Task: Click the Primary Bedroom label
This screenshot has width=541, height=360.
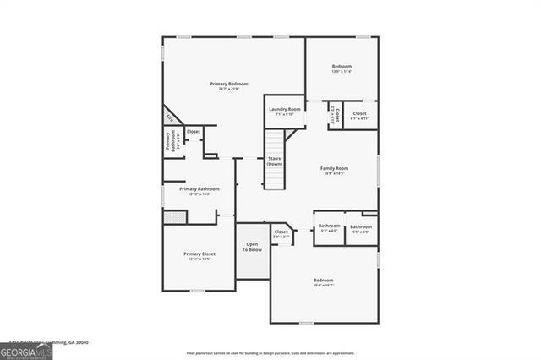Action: pyautogui.click(x=229, y=85)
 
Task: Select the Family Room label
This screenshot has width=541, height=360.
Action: pyautogui.click(x=335, y=171)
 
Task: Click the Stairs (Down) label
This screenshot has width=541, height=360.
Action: pyautogui.click(x=275, y=161)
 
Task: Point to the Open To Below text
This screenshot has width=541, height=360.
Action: pyautogui.click(x=253, y=248)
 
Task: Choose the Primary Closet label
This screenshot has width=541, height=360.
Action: pyautogui.click(x=199, y=255)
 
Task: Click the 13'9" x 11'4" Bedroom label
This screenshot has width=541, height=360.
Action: pyautogui.click(x=342, y=68)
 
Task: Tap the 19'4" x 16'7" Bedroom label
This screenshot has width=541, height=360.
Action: pyautogui.click(x=324, y=282)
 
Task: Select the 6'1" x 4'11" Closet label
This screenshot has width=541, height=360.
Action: pyautogui.click(x=359, y=116)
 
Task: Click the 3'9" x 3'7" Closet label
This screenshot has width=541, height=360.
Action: pyautogui.click(x=281, y=234)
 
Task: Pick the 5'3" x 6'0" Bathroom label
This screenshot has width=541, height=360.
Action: pyautogui.click(x=329, y=228)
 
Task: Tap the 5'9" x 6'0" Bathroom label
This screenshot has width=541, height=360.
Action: pyautogui.click(x=361, y=228)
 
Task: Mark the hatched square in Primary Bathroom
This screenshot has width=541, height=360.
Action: pyautogui.click(x=173, y=217)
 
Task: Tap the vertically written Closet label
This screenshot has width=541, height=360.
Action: pyautogui.click(x=336, y=115)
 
